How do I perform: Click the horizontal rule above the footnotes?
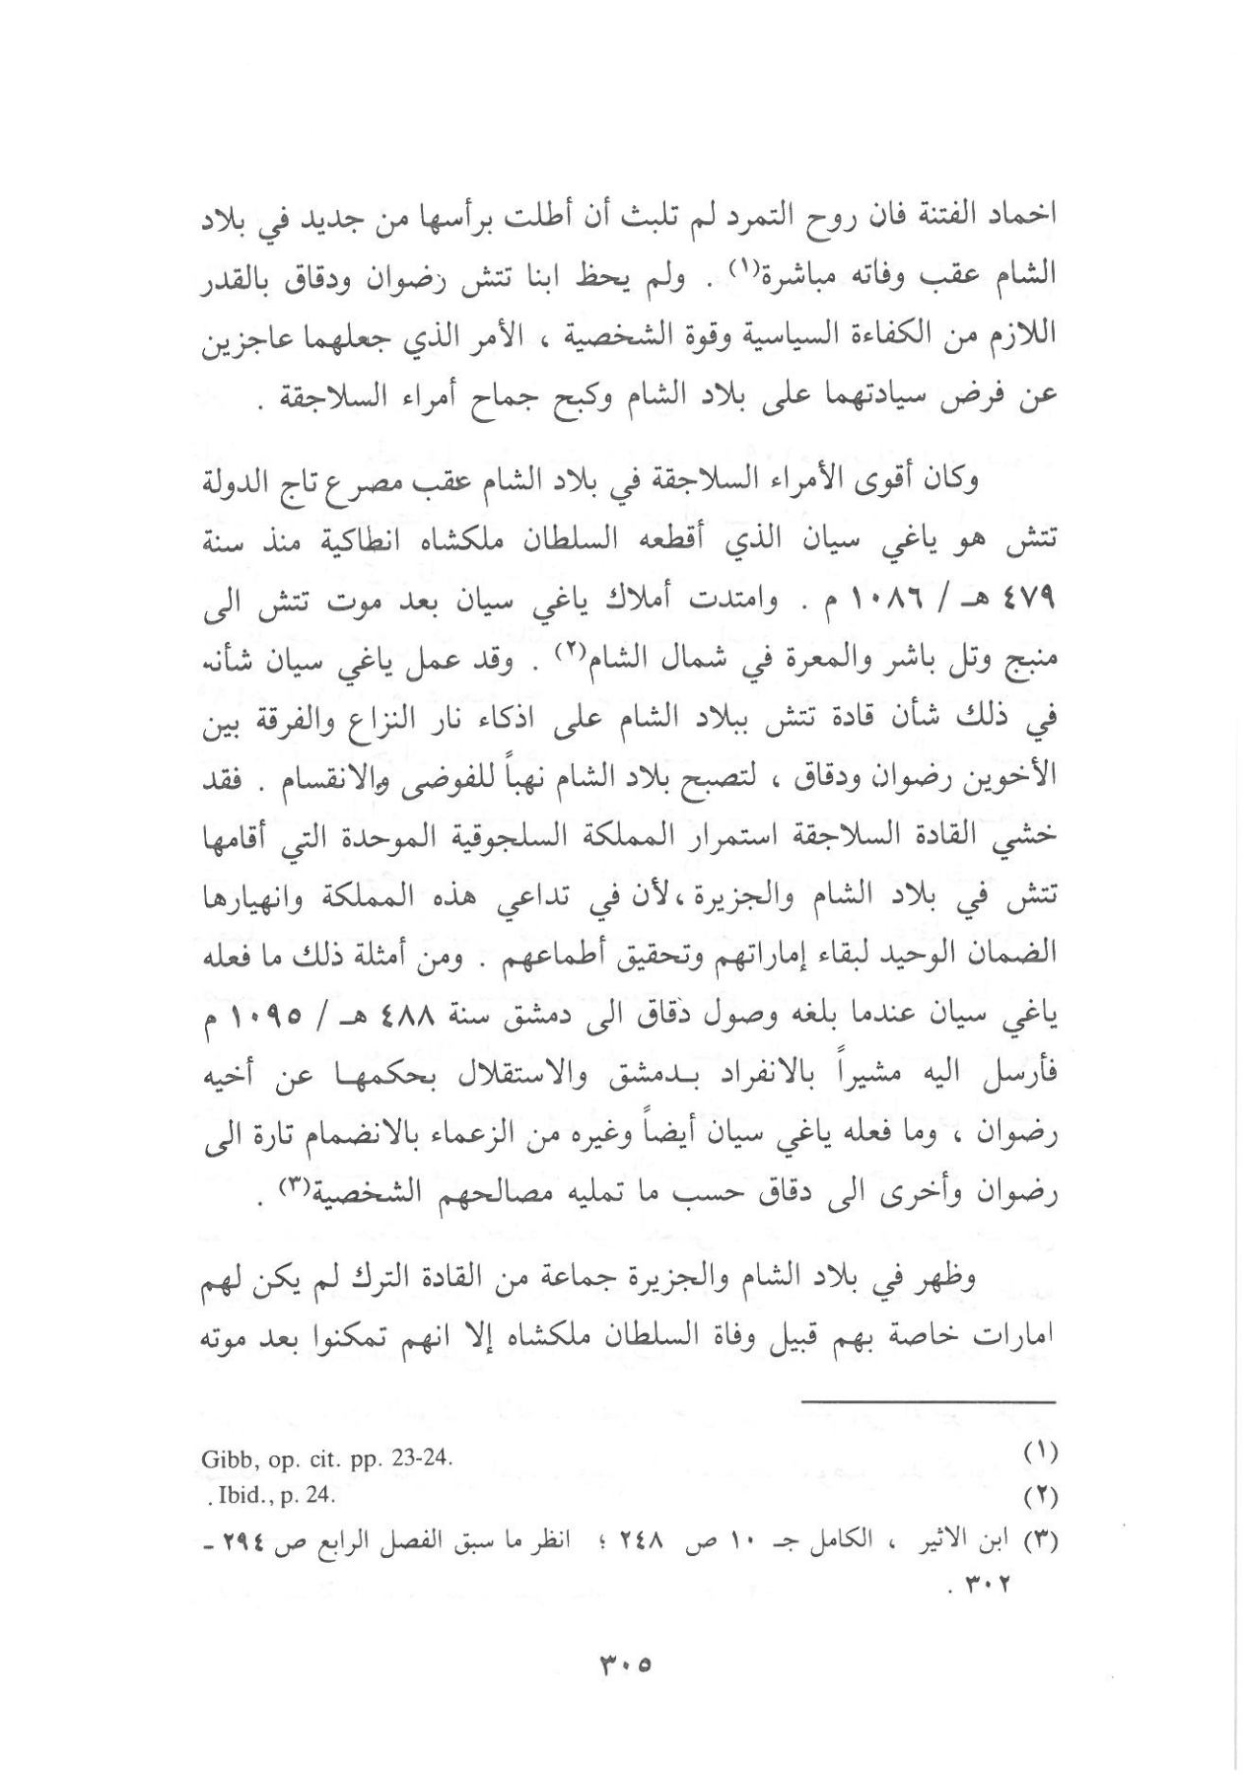pos(932,1402)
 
